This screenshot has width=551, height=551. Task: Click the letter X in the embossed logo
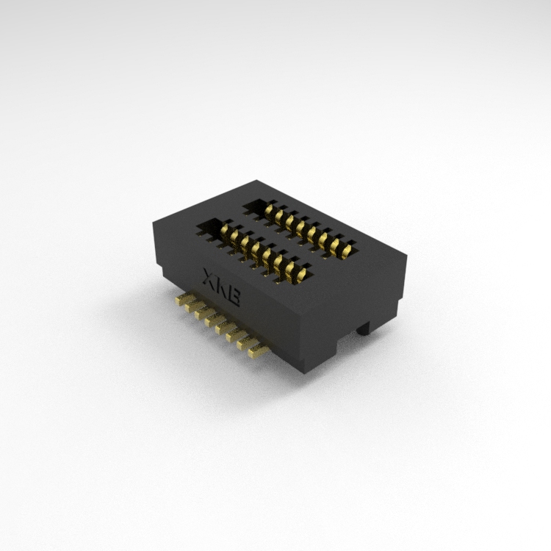click(210, 276)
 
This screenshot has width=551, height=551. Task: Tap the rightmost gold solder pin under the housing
click(259, 352)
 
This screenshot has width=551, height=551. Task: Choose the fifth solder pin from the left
click(226, 328)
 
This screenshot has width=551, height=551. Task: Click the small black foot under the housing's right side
click(364, 328)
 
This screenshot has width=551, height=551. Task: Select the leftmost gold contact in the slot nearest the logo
click(225, 231)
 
